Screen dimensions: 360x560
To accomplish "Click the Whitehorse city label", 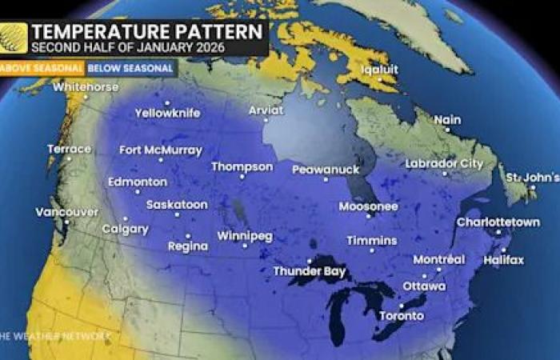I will (x=86, y=87).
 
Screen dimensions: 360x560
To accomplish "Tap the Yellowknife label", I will (x=167, y=114).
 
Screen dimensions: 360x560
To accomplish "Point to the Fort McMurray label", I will (x=161, y=150).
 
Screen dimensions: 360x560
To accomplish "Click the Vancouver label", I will (x=67, y=212).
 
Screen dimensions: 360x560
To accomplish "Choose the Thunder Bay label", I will (x=310, y=271).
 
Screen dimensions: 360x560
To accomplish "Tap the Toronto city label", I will (x=402, y=315).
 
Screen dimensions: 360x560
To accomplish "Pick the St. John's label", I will (x=530, y=176).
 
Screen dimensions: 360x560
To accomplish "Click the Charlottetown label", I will (x=498, y=222).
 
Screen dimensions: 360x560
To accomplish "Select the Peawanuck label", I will (x=326, y=170).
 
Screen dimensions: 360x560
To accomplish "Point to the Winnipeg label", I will (x=245, y=237).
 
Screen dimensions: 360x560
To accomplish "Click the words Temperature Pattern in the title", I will (x=146, y=33).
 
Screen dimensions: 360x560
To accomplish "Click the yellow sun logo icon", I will (x=14, y=38).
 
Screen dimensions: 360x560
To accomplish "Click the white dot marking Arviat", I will (x=266, y=120).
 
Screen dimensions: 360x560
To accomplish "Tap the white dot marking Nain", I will (x=447, y=129).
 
